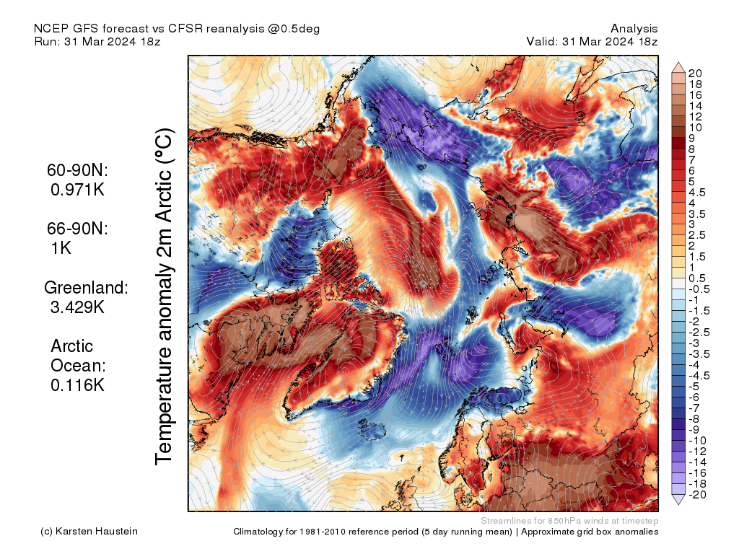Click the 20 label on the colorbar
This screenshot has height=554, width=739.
pos(695,73)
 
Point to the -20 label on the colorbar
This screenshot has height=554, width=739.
pos(697,494)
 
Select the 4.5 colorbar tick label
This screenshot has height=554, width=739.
pos(697,192)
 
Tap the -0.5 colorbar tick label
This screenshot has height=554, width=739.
pos(699,289)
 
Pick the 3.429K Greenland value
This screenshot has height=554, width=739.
pos(77,308)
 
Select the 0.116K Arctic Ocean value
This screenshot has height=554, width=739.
pos(77,385)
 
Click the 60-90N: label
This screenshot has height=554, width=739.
pos(77,171)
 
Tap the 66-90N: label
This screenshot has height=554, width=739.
pos(77,229)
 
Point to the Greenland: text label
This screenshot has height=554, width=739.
pos(86,288)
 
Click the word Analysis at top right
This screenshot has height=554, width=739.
pos(634,28)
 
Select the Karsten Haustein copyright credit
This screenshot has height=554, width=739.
pos(89,532)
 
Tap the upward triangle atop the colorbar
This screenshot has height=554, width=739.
pos(679,67)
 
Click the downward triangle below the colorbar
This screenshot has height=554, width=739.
pos(679,500)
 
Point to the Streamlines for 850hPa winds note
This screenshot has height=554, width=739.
pos(569,521)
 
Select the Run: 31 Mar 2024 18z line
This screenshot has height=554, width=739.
pos(97,41)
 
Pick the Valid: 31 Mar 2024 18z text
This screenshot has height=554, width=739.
pos(592,41)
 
